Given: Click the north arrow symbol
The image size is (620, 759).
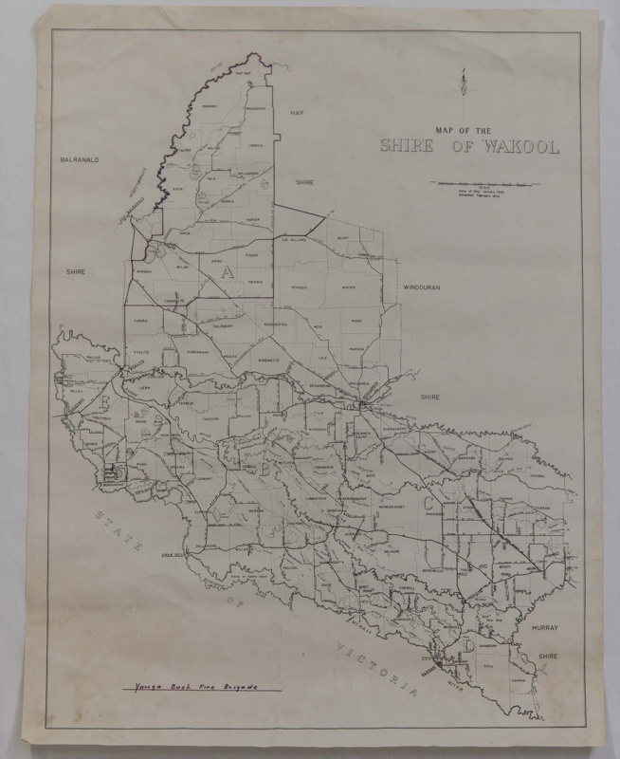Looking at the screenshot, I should (461, 86).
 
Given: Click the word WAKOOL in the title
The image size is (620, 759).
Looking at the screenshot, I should (520, 147).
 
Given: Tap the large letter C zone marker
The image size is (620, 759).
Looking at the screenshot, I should (430, 503).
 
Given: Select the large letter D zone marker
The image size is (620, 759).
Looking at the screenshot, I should (470, 645).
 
